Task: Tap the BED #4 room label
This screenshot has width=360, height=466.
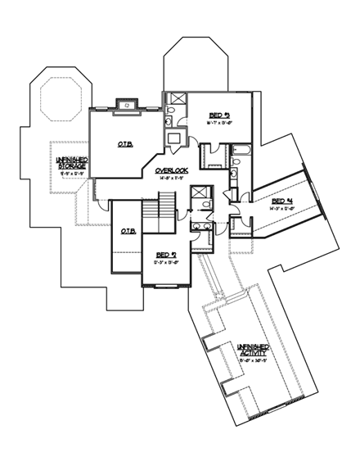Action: (282, 201)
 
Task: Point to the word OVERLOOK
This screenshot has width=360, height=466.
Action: (173, 170)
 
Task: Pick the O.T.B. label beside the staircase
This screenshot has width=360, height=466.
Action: (128, 231)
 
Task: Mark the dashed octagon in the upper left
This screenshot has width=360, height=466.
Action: (56, 106)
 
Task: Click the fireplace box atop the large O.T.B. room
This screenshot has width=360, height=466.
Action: (127, 104)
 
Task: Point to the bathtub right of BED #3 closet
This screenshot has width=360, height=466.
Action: (243, 151)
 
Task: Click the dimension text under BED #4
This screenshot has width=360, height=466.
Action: (282, 209)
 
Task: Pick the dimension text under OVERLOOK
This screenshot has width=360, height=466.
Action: (173, 178)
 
